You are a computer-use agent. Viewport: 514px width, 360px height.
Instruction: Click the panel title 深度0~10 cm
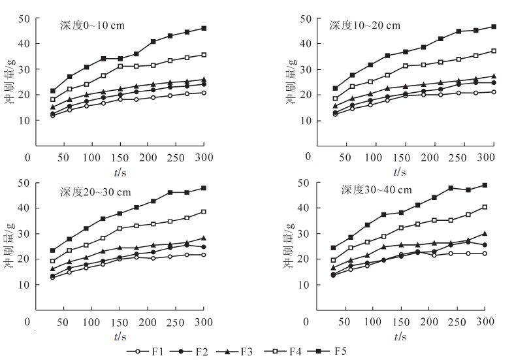point(90,26)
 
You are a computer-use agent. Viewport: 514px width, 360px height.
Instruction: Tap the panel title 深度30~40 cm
point(376,190)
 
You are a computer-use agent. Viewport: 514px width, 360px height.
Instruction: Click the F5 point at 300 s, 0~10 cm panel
point(204,28)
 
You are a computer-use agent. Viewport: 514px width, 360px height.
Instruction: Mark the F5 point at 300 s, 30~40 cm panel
point(485,185)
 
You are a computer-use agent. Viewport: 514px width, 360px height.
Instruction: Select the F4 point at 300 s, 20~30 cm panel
point(204,212)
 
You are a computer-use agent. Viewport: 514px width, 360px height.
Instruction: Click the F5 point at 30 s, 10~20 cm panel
point(336,88)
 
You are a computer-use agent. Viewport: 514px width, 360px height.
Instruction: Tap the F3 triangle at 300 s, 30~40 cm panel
point(485,233)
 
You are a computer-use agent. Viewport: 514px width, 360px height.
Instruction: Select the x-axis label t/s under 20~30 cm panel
point(120,336)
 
